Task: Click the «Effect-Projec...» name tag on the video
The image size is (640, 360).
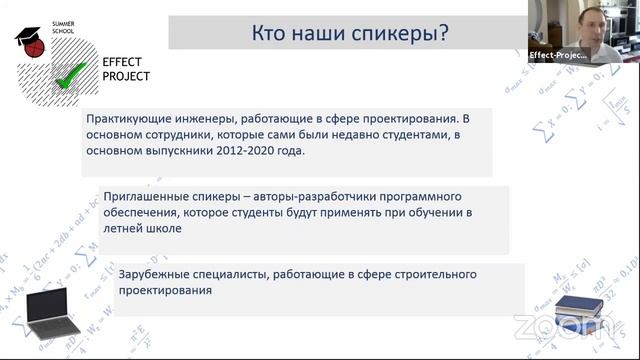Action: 559,55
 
